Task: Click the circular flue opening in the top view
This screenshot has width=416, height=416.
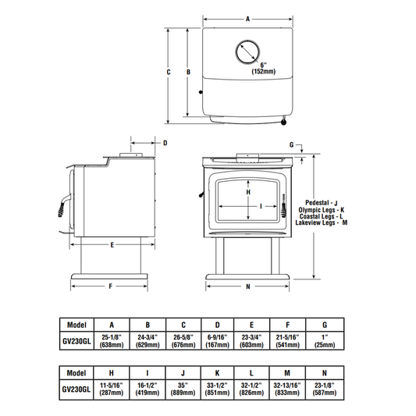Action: pyautogui.click(x=247, y=41)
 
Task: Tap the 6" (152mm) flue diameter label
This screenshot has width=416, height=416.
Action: pyautogui.click(x=264, y=68)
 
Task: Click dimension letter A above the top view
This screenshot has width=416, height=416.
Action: pyautogui.click(x=247, y=19)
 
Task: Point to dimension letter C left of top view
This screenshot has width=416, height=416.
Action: pyautogui.click(x=169, y=72)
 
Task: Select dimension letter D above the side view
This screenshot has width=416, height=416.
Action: pyautogui.click(x=165, y=143)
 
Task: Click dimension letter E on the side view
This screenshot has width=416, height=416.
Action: pyautogui.click(x=112, y=245)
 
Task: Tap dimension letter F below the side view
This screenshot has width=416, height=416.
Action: pyautogui.click(x=111, y=286)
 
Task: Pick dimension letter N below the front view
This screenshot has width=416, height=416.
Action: pyautogui.click(x=248, y=286)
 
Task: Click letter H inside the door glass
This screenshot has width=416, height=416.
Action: pyautogui.click(x=248, y=192)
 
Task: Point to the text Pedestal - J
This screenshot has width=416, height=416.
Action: pyautogui.click(x=322, y=203)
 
